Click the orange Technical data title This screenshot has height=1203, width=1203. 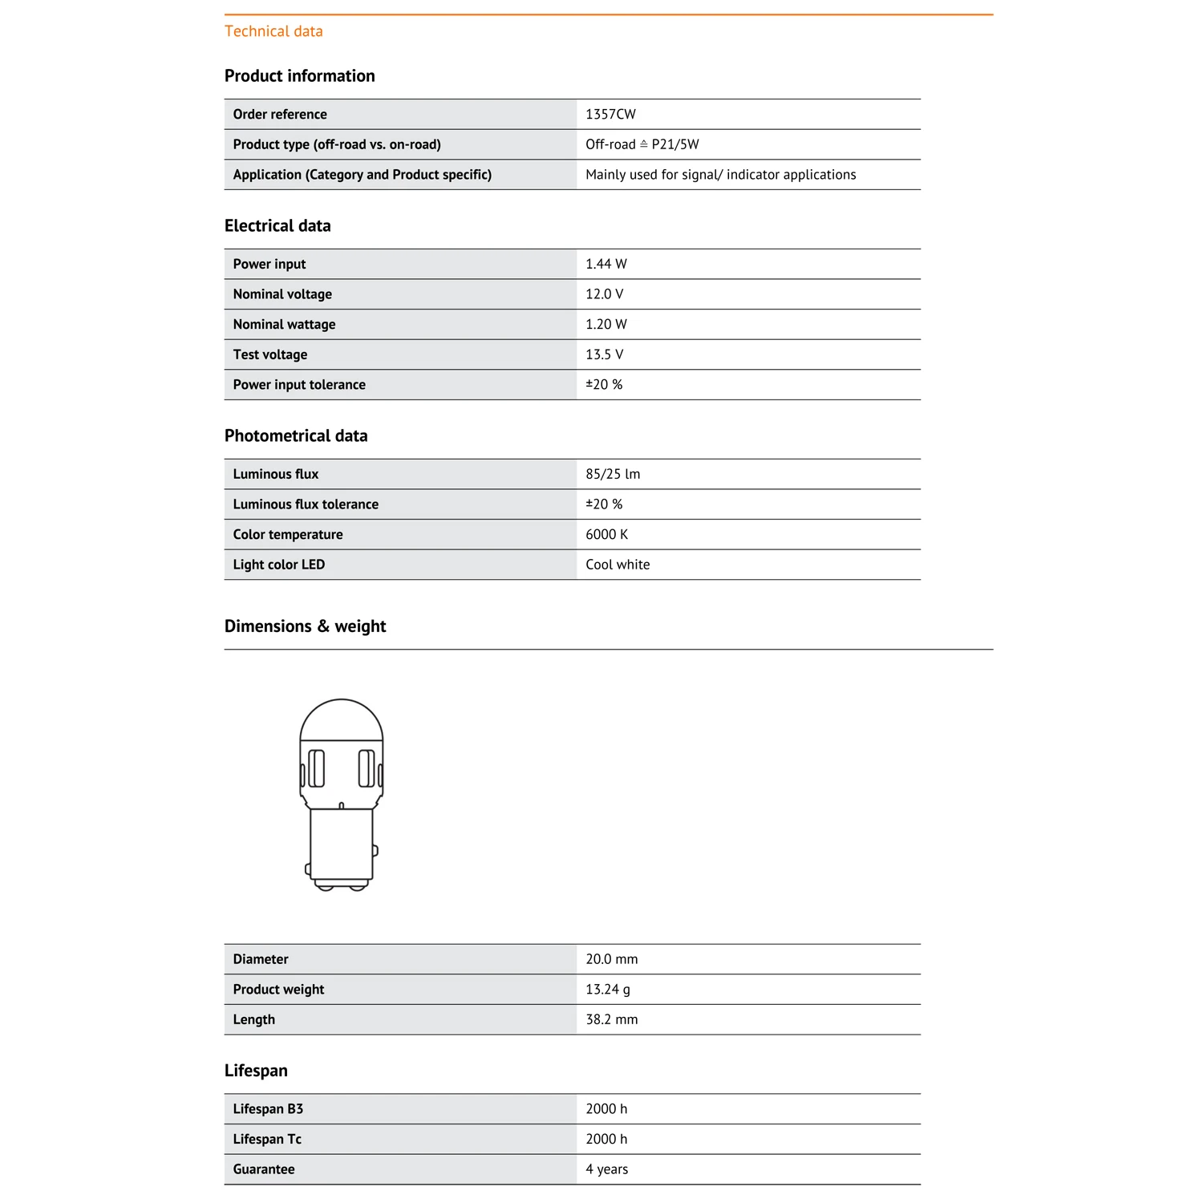[273, 31]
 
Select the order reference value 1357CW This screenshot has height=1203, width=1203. [610, 114]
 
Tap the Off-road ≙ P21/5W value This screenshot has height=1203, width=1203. [642, 144]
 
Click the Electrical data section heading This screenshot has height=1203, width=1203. [277, 226]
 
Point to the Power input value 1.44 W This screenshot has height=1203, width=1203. [606, 264]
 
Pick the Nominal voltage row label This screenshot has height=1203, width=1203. [282, 294]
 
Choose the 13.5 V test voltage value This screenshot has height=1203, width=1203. [604, 354]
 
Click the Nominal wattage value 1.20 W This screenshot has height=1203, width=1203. [606, 324]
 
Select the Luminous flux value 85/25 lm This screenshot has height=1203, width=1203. [613, 474]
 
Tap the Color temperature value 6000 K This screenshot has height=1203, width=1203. [606, 534]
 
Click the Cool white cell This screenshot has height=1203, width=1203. [618, 565]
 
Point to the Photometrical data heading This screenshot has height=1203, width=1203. [296, 436]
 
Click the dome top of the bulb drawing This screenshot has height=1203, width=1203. [342, 719]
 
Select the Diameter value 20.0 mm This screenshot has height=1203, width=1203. [611, 959]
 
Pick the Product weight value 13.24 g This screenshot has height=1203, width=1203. [607, 990]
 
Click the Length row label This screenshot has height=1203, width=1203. [253, 1019]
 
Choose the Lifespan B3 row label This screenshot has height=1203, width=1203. [268, 1109]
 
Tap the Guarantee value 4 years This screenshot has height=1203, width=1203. [606, 1169]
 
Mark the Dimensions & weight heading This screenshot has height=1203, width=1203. [305, 626]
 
